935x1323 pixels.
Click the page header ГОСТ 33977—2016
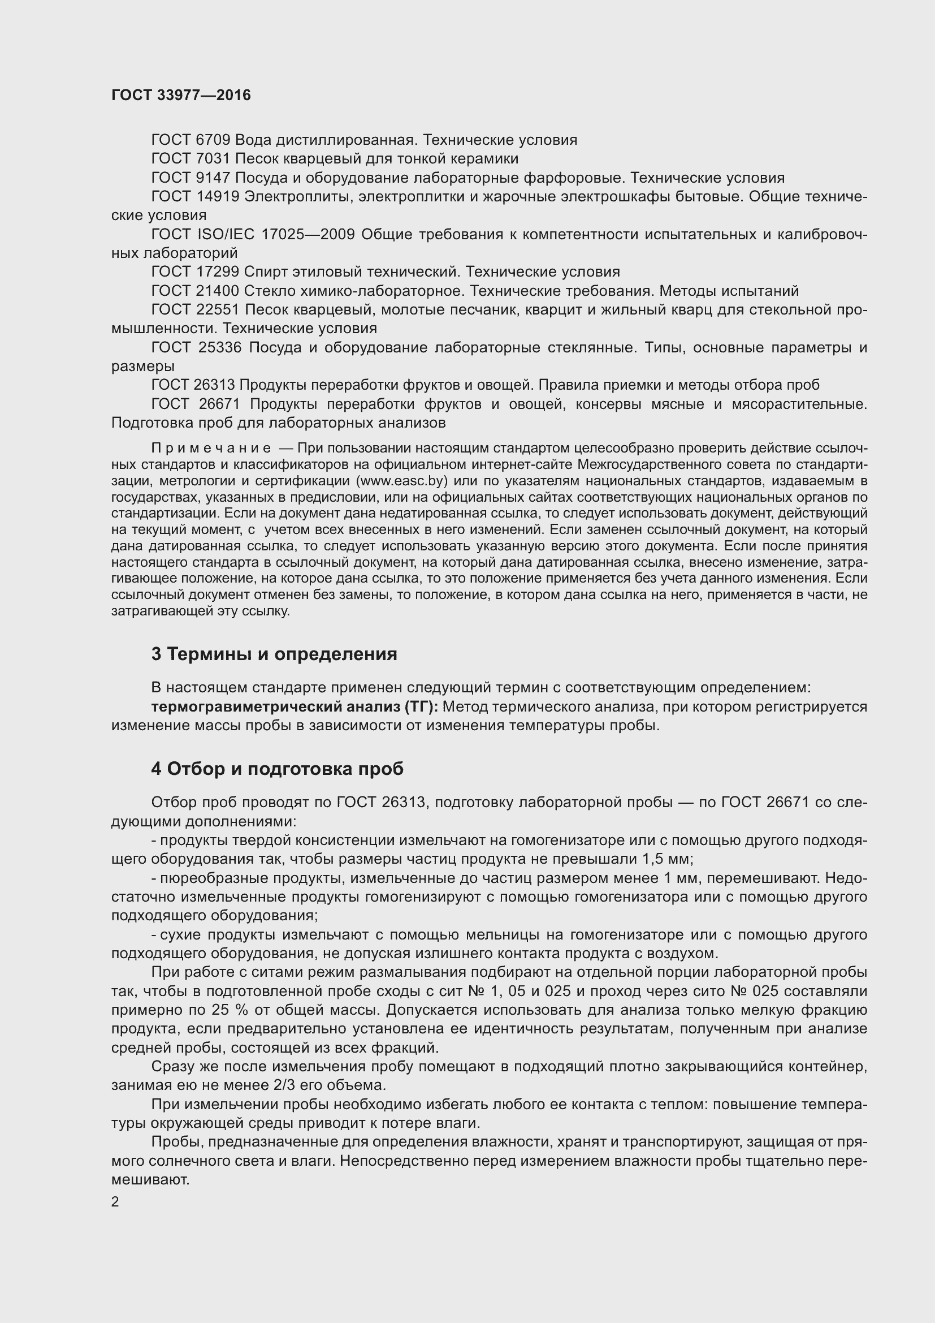tap(181, 95)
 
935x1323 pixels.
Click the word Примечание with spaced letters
tap(211, 449)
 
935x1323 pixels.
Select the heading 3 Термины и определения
tap(274, 654)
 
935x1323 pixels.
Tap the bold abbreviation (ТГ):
tap(422, 706)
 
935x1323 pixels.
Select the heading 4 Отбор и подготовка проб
tap(277, 769)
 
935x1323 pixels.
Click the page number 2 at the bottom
tap(115, 1202)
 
